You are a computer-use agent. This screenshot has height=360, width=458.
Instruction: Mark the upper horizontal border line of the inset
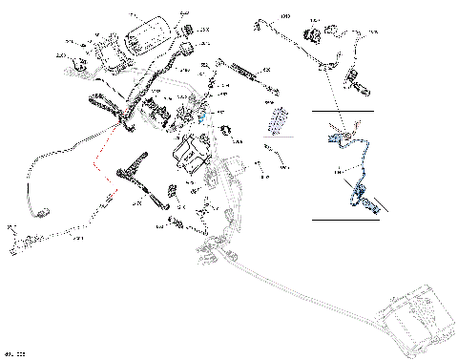point(343,112)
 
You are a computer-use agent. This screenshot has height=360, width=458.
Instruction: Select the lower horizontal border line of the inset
point(343,220)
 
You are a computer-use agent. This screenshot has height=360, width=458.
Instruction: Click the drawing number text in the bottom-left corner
point(13,353)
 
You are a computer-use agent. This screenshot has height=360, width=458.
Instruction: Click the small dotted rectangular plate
point(279,120)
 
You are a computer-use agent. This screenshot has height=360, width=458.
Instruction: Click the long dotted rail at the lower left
point(38,244)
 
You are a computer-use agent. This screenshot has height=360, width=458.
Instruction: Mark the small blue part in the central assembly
point(201,113)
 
